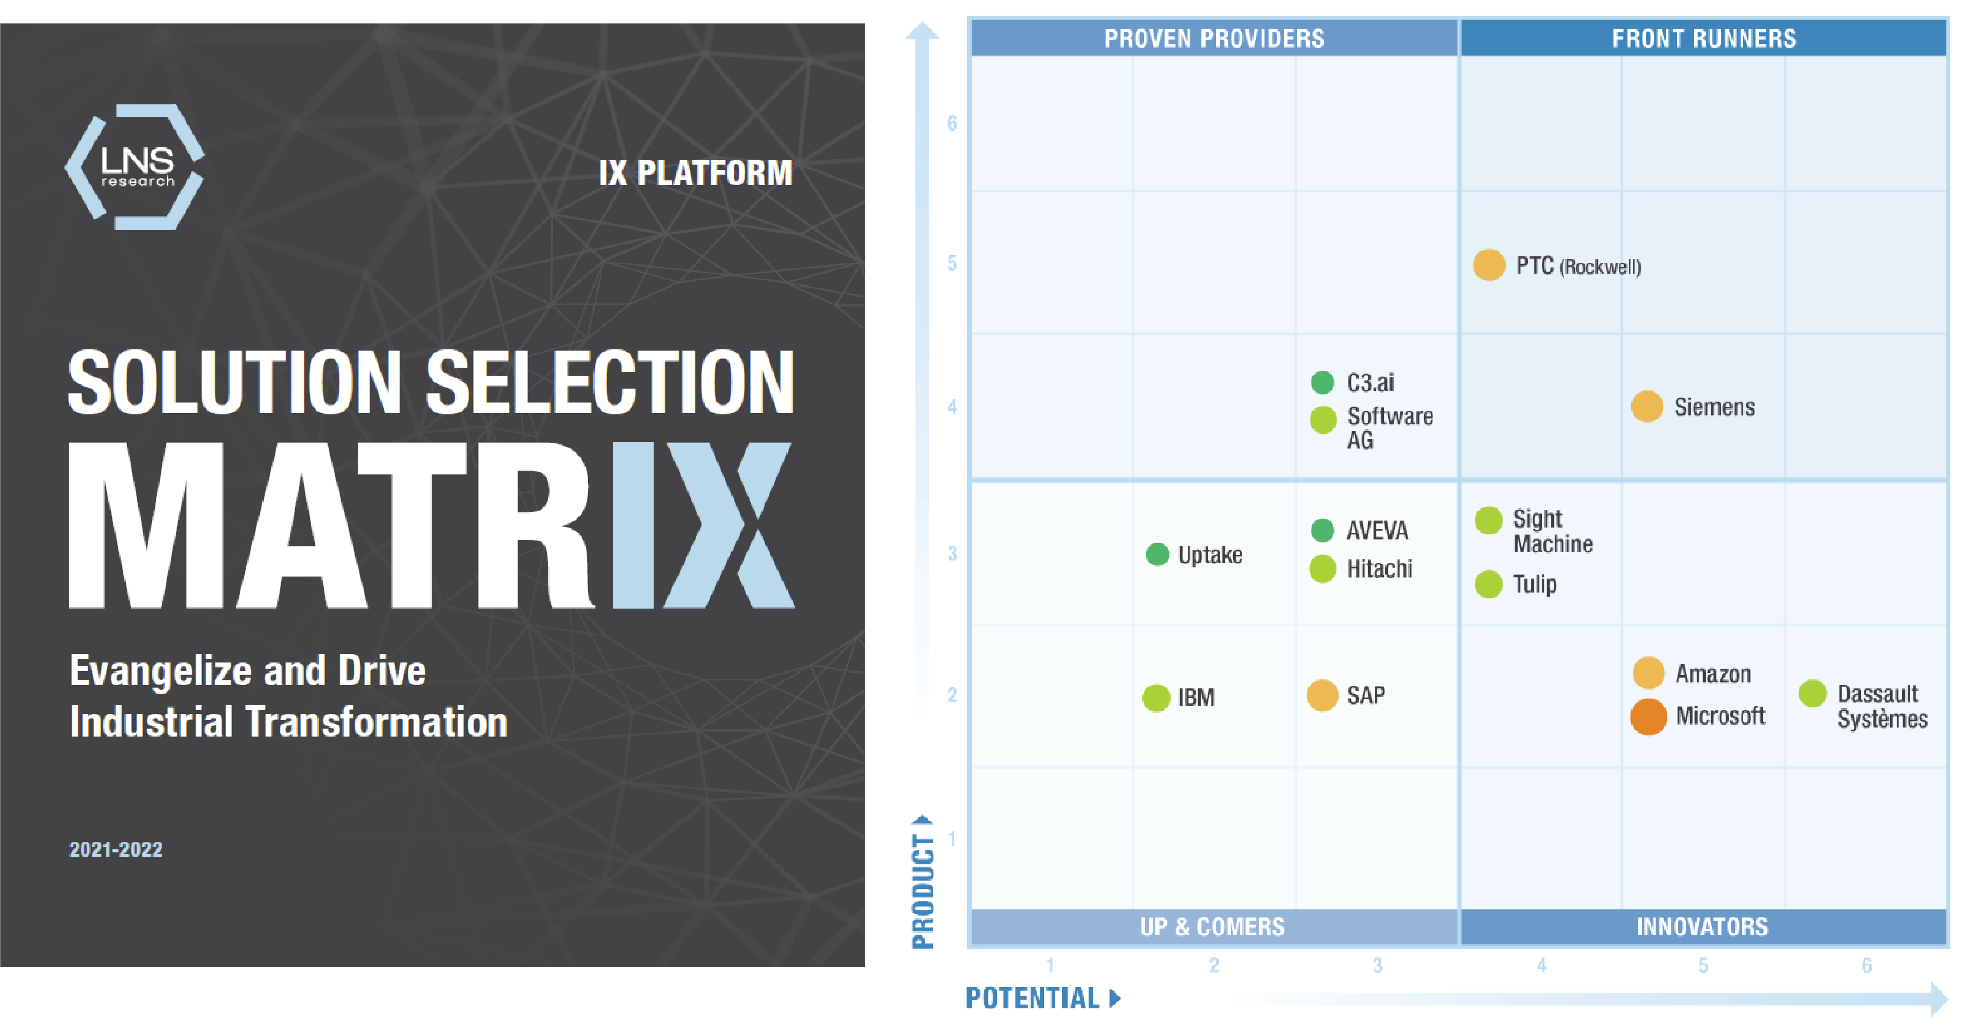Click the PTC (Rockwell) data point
[x=1489, y=266]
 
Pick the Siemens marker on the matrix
[x=1647, y=407]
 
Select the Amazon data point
[x=1648, y=673]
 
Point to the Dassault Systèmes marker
[x=1812, y=694]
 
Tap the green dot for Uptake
[x=1157, y=554]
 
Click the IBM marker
[x=1156, y=697]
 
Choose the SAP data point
[x=1322, y=695]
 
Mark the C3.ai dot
[x=1322, y=382]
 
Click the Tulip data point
[x=1488, y=584]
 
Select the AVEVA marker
[x=1322, y=530]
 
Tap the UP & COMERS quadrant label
[x=1213, y=926]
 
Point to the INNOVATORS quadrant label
[x=1702, y=926]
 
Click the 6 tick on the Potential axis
[x=1866, y=965]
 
